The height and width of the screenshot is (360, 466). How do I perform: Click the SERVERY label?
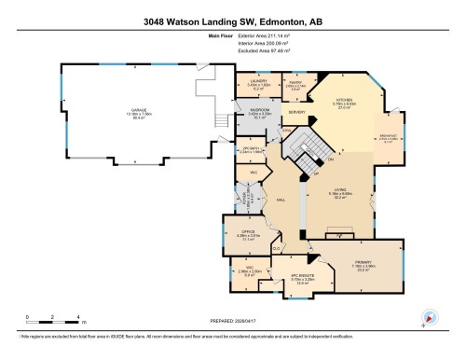297,114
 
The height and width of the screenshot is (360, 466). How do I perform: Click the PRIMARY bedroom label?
362,262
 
